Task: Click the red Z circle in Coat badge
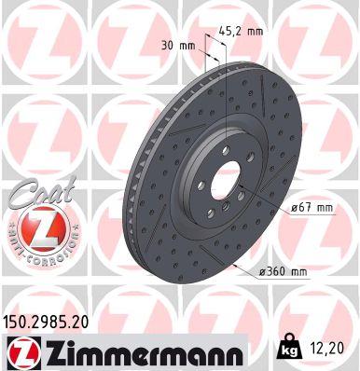coord(35,227)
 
